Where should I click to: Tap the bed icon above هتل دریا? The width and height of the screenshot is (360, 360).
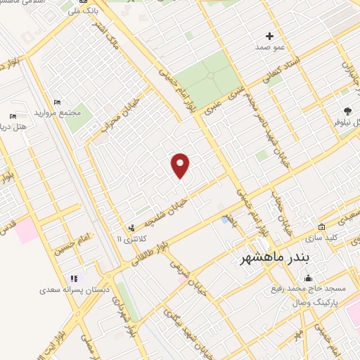click(13, 116)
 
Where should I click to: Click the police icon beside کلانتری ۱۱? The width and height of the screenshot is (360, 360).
click(131, 228)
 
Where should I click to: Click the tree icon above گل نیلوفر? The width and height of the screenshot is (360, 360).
click(347, 110)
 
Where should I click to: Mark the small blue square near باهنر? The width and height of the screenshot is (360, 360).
click(224, 220)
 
